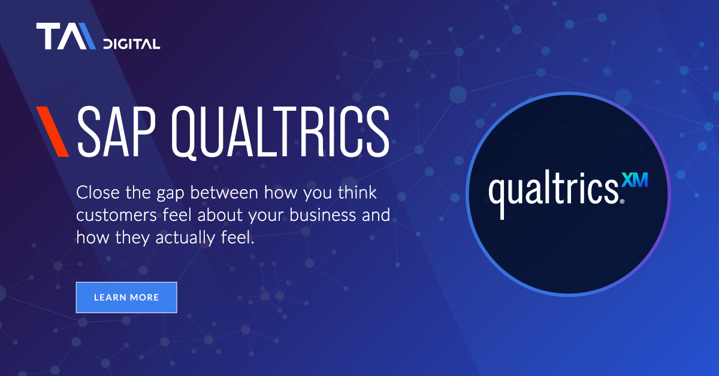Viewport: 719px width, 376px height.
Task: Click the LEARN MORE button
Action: click(126, 297)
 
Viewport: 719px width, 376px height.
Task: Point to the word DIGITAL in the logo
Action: click(131, 44)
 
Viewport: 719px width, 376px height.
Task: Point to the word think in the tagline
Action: click(359, 193)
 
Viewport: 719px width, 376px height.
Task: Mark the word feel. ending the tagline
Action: click(238, 237)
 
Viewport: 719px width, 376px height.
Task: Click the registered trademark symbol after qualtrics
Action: click(622, 202)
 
